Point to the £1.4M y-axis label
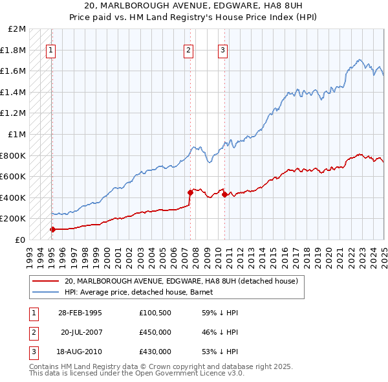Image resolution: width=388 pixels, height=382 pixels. [15, 92]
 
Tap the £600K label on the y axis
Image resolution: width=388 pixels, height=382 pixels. [15, 176]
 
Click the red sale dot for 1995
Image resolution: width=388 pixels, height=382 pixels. [52, 229]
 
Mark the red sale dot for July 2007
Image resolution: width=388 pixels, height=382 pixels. [190, 192]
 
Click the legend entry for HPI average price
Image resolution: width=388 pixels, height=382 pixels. [143, 292]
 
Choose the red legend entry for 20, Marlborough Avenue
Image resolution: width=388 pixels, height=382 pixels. [181, 281]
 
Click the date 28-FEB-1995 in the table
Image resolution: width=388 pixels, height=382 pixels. [80, 313]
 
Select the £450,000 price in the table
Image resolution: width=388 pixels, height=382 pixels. [155, 332]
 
